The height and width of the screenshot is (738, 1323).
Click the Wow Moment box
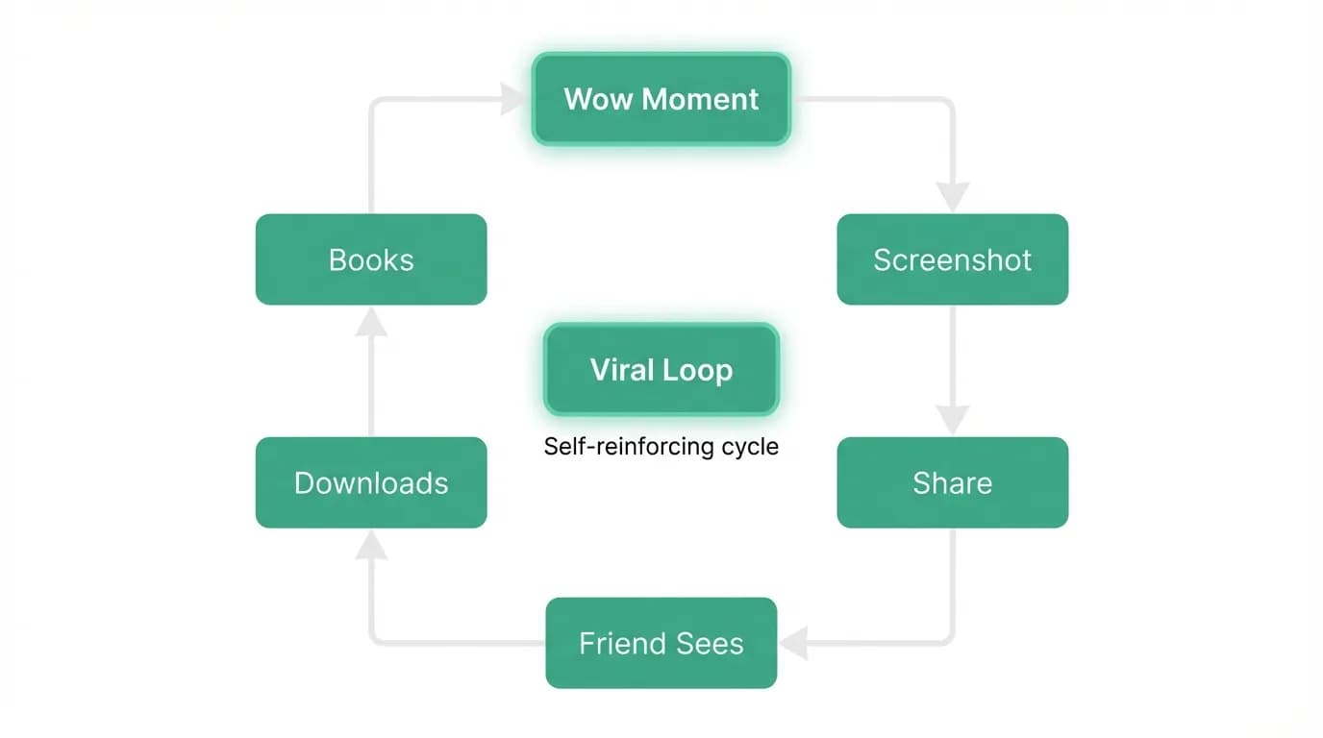click(661, 99)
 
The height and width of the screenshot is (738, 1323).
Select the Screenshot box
click(952, 259)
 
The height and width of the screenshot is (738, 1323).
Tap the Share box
click(952, 482)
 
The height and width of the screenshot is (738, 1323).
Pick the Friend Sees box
click(661, 643)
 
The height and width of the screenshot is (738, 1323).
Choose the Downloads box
click(371, 482)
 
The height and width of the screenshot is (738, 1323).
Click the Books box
click(371, 259)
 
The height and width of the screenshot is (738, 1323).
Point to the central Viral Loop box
click(661, 370)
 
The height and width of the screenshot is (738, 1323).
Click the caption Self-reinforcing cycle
click(661, 446)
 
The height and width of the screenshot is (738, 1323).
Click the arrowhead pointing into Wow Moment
click(512, 99)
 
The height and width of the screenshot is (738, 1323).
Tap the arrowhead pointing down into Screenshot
click(953, 197)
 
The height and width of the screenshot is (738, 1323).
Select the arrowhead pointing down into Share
click(953, 420)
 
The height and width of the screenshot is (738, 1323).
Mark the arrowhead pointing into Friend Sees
click(794, 643)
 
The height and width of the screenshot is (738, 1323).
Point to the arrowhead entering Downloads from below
click(371, 544)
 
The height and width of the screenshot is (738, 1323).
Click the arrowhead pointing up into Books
click(371, 322)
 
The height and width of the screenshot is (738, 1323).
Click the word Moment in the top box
click(700, 99)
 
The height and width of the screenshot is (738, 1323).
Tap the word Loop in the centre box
click(697, 371)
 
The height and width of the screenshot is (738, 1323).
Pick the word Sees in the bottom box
click(710, 643)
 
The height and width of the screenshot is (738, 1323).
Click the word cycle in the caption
click(750, 448)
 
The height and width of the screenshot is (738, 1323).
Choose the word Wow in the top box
click(597, 99)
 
